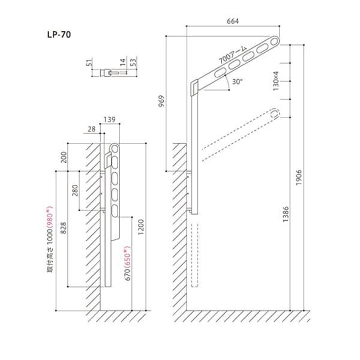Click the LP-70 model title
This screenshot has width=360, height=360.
59,35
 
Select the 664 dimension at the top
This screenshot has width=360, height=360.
233,21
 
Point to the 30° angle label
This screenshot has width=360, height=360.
238,82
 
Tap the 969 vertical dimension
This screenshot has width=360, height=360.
162,101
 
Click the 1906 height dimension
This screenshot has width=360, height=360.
298,178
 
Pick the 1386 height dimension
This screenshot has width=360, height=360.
286,214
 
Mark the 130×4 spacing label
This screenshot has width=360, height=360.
276,81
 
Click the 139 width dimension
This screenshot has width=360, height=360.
110,119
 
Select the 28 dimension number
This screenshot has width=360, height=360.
91,129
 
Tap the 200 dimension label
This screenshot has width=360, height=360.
64,157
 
